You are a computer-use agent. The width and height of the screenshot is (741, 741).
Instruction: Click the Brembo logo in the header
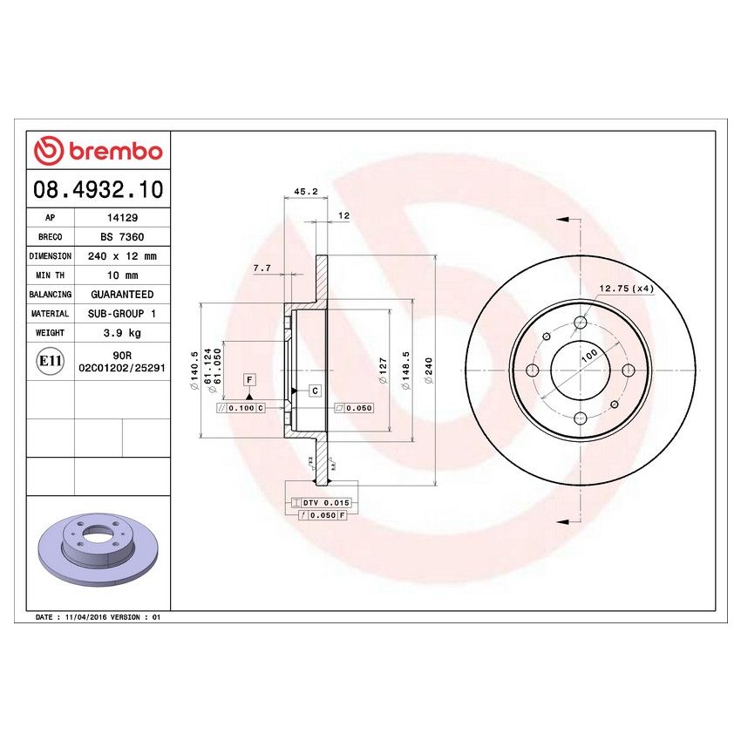click(x=98, y=151)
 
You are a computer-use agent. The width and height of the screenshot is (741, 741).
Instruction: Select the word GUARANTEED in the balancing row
click(x=120, y=295)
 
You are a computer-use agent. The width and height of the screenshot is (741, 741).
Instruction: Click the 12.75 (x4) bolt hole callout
click(x=626, y=288)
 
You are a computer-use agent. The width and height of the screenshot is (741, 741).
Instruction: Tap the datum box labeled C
click(x=314, y=390)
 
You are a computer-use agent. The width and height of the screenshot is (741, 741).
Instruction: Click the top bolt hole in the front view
click(x=581, y=323)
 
